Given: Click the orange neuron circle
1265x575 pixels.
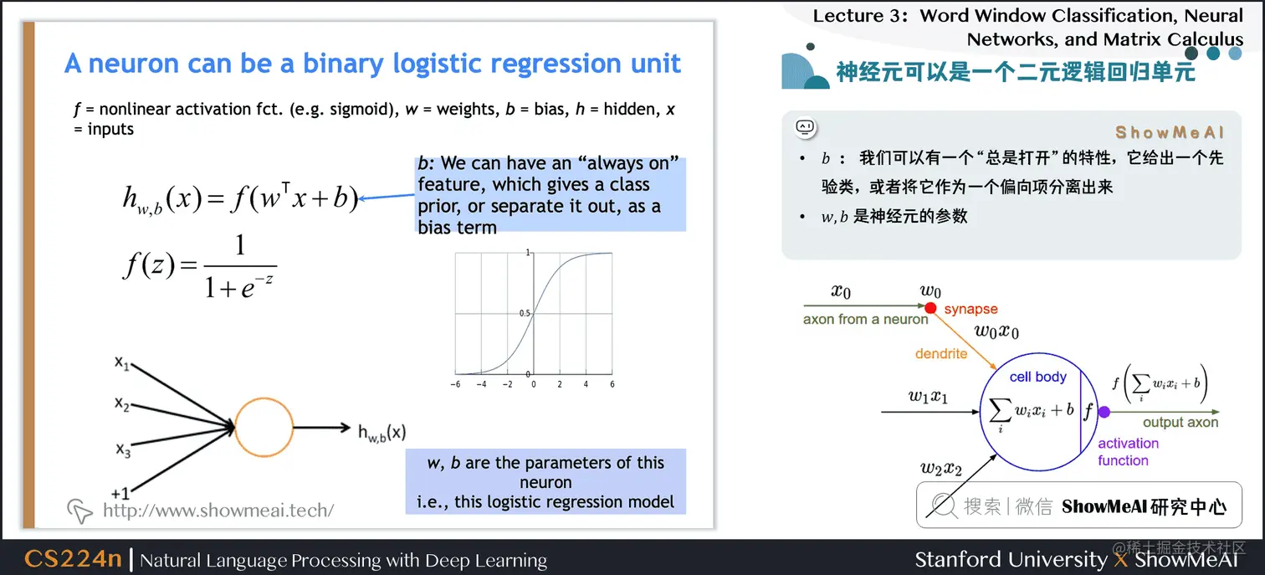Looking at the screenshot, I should click(264, 428).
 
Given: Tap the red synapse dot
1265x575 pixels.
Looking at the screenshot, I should click(930, 308).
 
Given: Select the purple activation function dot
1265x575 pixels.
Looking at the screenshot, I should click(1104, 412).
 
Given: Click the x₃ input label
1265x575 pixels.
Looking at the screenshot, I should click(123, 450).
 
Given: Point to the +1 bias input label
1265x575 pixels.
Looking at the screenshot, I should click(120, 493).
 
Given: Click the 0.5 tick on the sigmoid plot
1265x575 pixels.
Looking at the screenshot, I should click(525, 313).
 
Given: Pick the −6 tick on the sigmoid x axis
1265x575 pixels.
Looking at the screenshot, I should click(455, 385).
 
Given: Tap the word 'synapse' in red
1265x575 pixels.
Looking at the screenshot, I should click(971, 310).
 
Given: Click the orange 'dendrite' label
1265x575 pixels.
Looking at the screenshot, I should click(940, 354).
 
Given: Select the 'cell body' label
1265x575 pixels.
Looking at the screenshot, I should click(1037, 377).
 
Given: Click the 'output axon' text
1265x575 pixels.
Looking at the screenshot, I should click(1180, 423).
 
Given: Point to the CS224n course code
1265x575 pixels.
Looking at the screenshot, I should click(73, 559).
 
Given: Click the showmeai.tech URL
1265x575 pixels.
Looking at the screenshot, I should click(218, 510).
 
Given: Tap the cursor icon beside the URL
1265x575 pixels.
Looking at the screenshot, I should click(80, 511).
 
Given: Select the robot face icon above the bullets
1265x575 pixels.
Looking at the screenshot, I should click(805, 127).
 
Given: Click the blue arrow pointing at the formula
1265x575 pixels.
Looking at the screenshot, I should click(388, 198).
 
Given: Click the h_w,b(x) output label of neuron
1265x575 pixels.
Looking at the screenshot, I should click(382, 432).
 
